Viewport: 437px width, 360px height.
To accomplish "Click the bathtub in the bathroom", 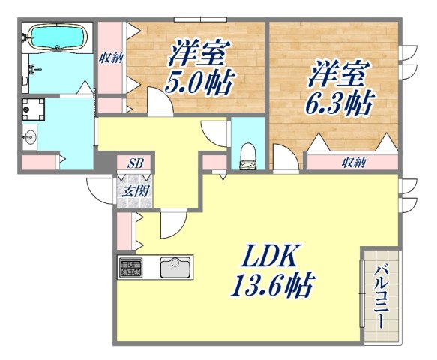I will coord(57,37).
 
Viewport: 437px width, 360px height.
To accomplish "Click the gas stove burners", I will coord(130,266).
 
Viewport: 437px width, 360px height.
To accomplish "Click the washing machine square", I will coord(33,109).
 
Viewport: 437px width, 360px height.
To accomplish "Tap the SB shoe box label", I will coord(135,163).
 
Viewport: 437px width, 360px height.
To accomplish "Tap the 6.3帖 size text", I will coord(339,103).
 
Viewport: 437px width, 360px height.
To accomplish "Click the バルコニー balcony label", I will coord(381,295).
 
